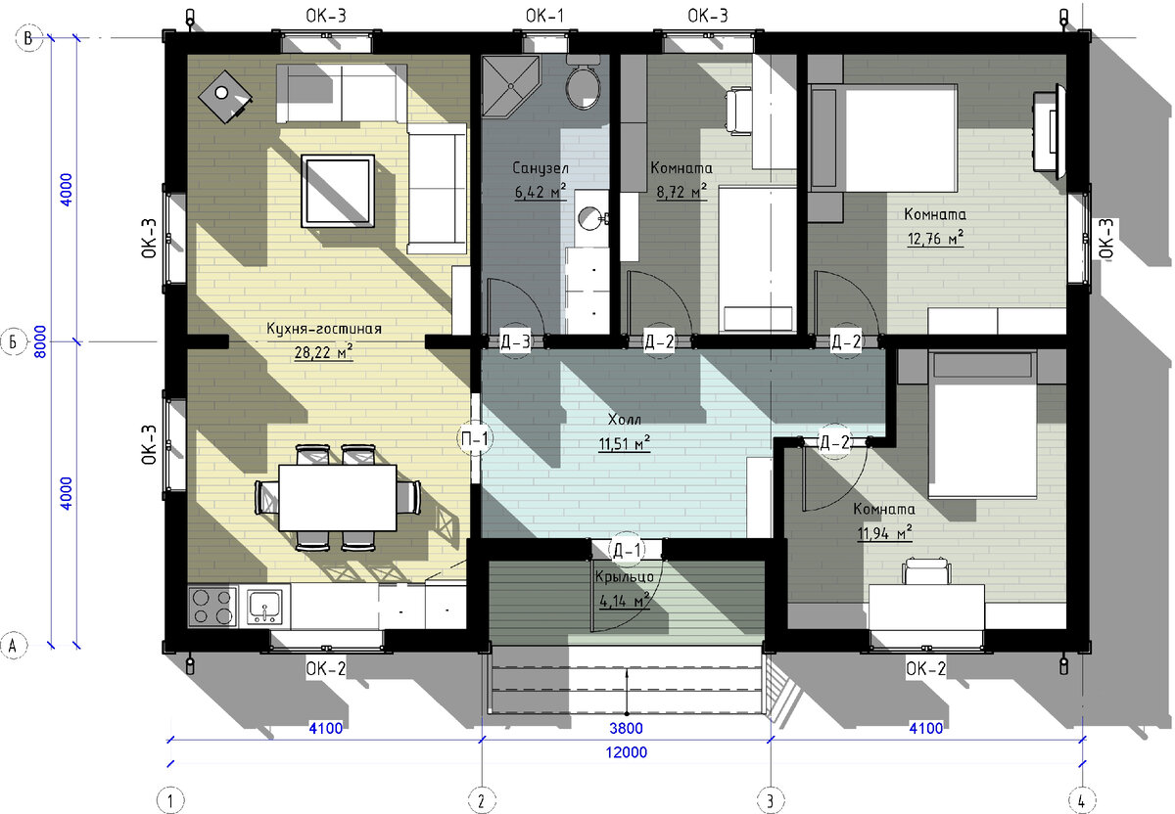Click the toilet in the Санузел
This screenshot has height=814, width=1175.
click(x=584, y=83)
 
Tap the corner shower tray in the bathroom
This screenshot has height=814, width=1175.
click(x=509, y=85)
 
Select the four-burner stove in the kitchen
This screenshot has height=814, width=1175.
click(x=212, y=607)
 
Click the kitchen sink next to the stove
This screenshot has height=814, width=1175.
click(x=265, y=607)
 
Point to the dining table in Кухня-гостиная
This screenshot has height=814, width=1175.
click(x=337, y=497)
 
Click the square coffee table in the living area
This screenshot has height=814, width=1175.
click(x=338, y=191)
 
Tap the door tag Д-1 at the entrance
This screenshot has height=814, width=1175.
click(x=628, y=551)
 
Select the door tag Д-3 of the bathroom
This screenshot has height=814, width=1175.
click(x=516, y=341)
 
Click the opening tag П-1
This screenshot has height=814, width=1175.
click(x=475, y=438)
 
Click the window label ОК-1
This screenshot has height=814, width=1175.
click(x=545, y=16)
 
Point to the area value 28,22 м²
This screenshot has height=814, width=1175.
click(x=323, y=352)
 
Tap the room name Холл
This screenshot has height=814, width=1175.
click(x=625, y=420)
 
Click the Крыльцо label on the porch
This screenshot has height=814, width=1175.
click(x=625, y=577)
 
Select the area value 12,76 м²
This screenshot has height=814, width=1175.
click(x=935, y=239)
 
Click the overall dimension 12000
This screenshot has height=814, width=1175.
click(x=627, y=752)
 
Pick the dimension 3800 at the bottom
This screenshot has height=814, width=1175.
click(x=627, y=729)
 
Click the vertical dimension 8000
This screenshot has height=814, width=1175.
click(x=40, y=341)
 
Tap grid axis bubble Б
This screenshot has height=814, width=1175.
click(x=13, y=341)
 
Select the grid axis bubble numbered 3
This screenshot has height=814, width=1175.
click(x=770, y=800)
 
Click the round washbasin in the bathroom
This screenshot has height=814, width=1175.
click(x=591, y=217)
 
